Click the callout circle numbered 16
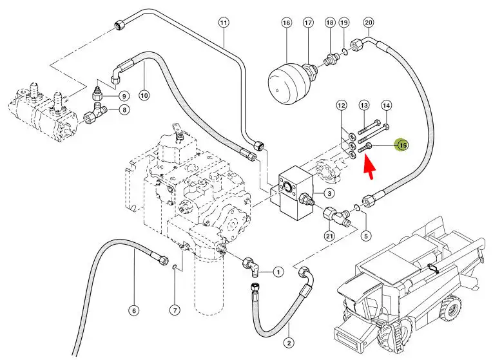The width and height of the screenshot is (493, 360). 287,23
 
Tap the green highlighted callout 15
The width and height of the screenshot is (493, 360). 403,145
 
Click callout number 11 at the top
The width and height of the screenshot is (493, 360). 224,23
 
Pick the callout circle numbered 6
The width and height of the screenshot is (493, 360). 134,311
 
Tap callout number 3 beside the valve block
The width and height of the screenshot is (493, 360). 328,194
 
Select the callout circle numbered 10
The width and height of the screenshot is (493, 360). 144,95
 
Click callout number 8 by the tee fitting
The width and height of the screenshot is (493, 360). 124,110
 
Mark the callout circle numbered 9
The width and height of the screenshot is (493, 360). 124,95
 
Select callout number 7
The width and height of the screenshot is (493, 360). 175,310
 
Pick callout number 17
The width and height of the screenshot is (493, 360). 308,23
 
